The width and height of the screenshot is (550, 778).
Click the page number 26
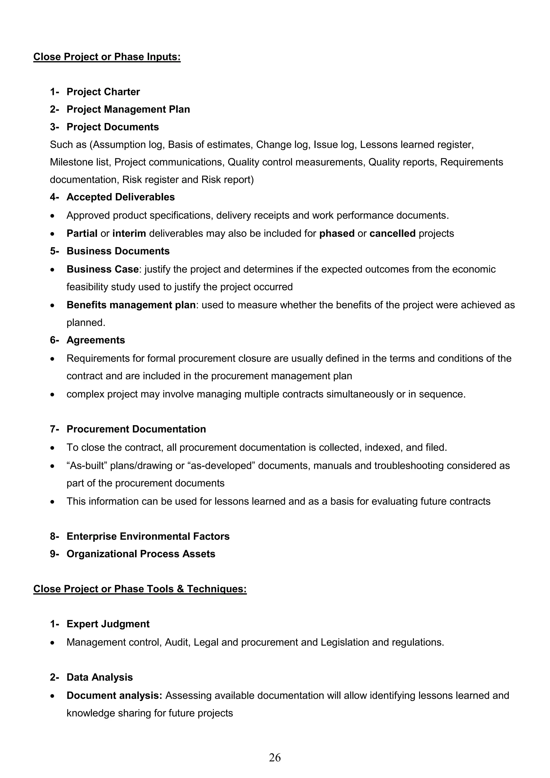(274, 757)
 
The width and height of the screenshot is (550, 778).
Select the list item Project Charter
(103, 92)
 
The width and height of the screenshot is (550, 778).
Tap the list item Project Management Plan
(128, 110)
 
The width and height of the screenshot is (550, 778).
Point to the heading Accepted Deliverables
(120, 197)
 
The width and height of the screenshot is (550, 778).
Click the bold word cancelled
(392, 233)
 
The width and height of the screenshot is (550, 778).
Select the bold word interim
(129, 233)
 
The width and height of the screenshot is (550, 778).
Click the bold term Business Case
(102, 269)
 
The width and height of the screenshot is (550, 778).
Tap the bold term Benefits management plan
(131, 305)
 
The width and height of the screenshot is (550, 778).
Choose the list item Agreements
(96, 340)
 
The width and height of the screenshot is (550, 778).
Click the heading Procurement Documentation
(136, 429)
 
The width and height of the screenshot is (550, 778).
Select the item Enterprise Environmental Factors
(148, 536)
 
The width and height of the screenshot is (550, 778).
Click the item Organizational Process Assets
(141, 554)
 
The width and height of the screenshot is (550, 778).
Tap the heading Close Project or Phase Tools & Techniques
(140, 589)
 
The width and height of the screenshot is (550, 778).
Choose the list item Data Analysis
(100, 677)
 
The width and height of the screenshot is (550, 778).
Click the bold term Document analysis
(114, 696)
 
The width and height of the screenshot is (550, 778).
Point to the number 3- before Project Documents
(54, 127)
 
